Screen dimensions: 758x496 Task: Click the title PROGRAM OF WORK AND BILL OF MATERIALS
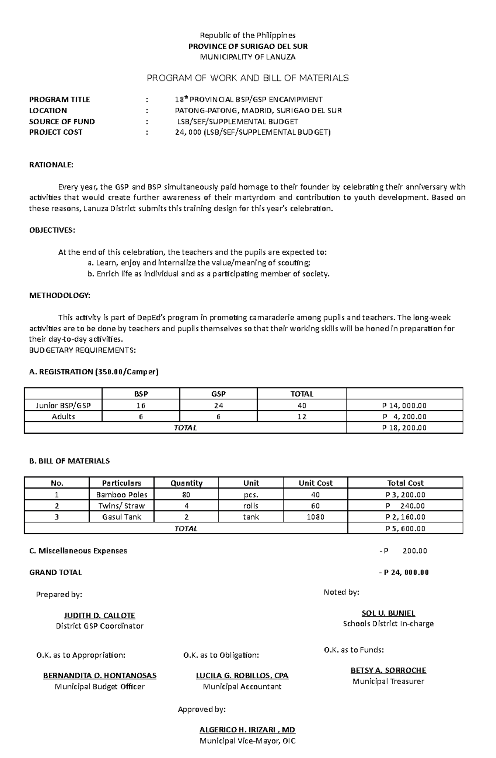(248, 78)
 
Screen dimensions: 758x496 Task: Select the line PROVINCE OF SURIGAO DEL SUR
(248, 46)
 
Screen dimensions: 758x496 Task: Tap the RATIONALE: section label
(51, 165)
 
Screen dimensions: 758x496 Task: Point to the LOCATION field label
(48, 110)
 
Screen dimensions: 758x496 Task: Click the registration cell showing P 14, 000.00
(404, 406)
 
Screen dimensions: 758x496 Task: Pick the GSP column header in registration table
(218, 394)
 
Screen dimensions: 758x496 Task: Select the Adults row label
(63, 416)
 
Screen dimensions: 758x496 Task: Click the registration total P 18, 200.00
(404, 428)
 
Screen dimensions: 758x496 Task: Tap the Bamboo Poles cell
(122, 494)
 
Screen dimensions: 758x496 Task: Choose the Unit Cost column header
(315, 483)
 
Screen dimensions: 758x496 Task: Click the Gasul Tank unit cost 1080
(315, 517)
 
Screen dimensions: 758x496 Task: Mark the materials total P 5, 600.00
(405, 528)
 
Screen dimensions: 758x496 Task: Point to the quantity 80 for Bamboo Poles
(186, 494)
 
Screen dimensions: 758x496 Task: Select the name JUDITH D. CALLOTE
(100, 615)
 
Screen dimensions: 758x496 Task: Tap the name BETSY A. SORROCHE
(388, 670)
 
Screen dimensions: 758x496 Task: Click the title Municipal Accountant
(242, 687)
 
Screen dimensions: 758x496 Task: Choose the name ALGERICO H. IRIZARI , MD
(247, 729)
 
